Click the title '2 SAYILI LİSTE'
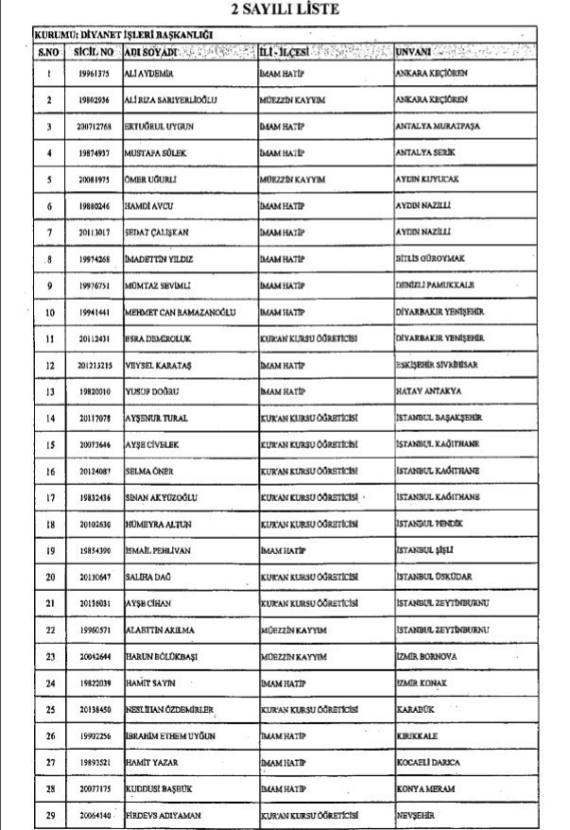coord(285,10)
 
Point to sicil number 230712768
coord(95,126)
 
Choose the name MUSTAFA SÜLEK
coord(157,152)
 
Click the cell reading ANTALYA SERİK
coord(425,152)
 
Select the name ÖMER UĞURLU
coord(152,179)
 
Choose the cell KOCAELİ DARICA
coord(427,735)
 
